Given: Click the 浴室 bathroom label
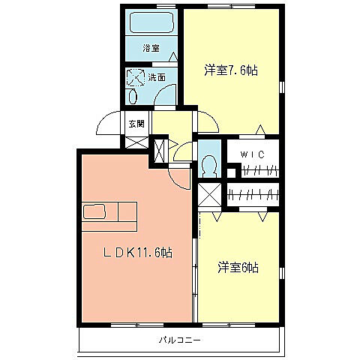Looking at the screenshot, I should (x=151, y=48).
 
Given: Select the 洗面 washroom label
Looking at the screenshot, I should (x=157, y=76).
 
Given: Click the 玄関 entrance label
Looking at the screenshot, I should (x=136, y=124).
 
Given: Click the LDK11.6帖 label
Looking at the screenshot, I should (x=137, y=253).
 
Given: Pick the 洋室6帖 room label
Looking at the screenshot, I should (x=238, y=266).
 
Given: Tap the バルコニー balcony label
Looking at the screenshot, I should (x=178, y=340).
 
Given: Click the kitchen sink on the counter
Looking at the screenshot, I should (x=94, y=211).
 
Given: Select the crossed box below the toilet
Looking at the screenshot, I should (x=210, y=196).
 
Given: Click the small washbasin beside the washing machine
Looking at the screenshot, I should (x=133, y=96).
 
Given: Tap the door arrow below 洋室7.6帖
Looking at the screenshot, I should (x=260, y=130).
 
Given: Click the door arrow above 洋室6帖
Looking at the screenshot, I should (x=262, y=216).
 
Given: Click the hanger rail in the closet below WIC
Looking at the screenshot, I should (x=253, y=195).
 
